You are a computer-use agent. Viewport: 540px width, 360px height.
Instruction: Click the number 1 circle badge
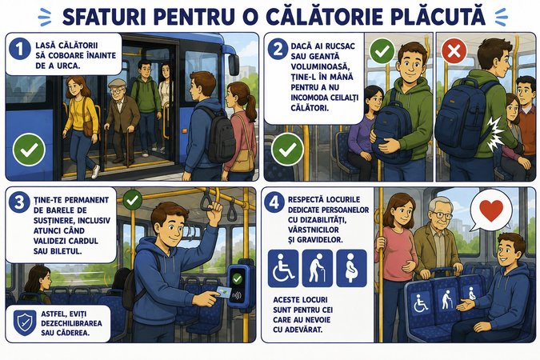(20, 49)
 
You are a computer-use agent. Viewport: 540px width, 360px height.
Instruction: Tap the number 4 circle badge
(274, 203)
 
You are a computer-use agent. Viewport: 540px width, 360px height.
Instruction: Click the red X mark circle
(454, 51)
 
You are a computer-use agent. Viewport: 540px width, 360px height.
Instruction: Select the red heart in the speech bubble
(491, 210)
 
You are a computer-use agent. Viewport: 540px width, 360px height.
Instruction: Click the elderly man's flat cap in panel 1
(117, 83)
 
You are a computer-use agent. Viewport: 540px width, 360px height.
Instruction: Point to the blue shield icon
(25, 322)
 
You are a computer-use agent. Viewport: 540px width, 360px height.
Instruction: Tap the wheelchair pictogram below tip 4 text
(283, 268)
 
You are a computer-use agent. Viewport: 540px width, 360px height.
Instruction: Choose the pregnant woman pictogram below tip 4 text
(352, 268)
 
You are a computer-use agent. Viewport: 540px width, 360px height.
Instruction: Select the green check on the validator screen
(237, 278)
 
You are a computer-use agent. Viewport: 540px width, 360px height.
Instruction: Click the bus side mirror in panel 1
(234, 65)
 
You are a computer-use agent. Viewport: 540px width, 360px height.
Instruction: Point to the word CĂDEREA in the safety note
(72, 333)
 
